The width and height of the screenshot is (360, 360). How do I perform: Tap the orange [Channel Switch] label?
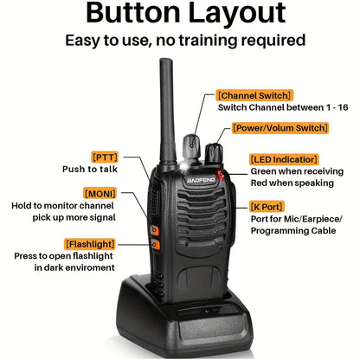[254, 94]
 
